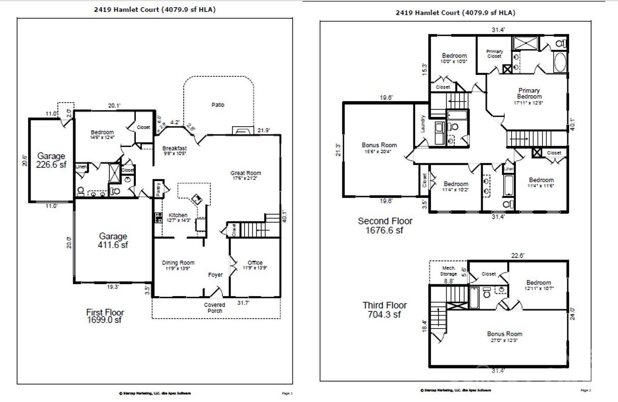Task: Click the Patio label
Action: coord(218,105)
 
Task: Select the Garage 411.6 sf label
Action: coord(113,241)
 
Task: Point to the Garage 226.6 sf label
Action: coord(51,161)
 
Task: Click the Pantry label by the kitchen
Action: coord(158,188)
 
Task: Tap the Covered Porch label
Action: coord(215,308)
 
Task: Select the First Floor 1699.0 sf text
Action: coord(105,316)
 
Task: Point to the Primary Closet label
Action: coord(494,54)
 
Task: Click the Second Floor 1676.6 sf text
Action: coord(385,225)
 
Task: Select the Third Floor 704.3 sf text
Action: coord(385,310)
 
